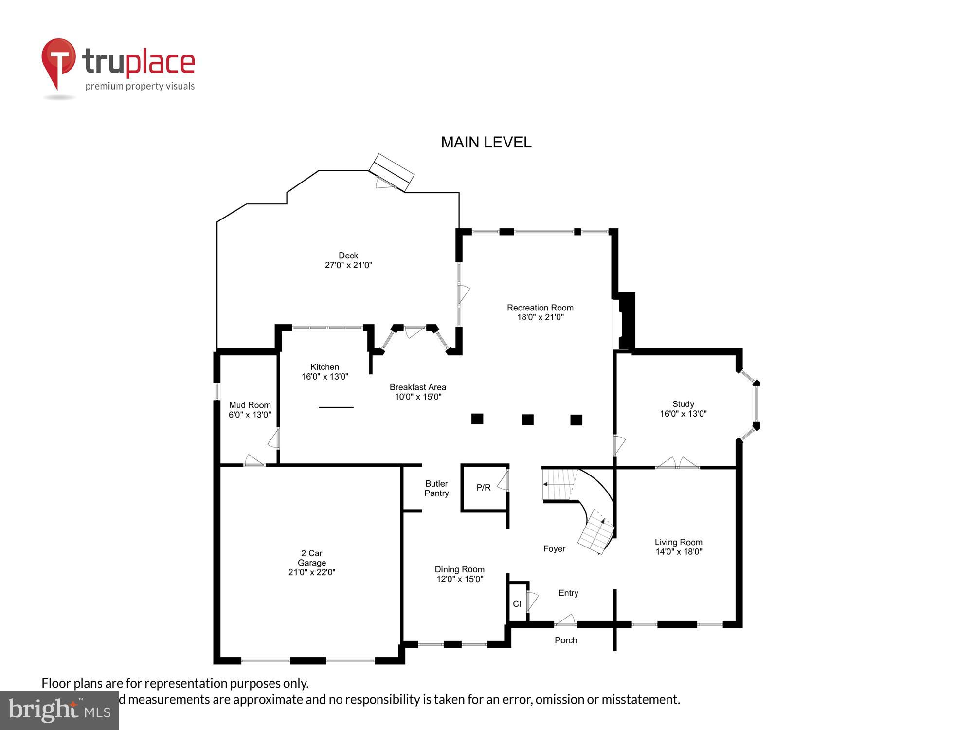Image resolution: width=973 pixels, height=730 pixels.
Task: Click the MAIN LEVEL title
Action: [x=486, y=142]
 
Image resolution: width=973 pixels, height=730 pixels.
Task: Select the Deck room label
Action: [x=348, y=255]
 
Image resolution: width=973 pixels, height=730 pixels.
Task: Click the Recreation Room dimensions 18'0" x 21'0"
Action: [x=540, y=317]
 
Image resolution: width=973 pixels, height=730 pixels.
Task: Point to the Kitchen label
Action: [x=324, y=367]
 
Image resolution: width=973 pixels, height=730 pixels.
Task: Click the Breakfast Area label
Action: [x=417, y=387]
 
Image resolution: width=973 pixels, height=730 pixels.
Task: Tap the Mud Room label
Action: [x=250, y=405]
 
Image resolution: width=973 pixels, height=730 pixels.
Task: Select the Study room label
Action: [x=683, y=404]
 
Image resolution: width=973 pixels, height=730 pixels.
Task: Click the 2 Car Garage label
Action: [x=312, y=558]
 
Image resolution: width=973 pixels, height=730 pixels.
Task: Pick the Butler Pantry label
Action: [x=436, y=488]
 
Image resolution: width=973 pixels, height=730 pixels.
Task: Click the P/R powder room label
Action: [x=484, y=487]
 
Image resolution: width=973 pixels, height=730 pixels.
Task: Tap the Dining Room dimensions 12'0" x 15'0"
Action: [x=460, y=579]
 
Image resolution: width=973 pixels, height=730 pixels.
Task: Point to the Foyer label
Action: [x=554, y=548]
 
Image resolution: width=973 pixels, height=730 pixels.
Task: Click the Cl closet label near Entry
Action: [x=517, y=604]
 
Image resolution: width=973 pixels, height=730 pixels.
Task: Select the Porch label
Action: [x=566, y=640]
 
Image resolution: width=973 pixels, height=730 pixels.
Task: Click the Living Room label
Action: [x=678, y=542]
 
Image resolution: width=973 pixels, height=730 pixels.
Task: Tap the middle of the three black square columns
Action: [x=527, y=420]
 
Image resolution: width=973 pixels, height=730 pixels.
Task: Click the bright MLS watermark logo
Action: [x=59, y=711]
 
